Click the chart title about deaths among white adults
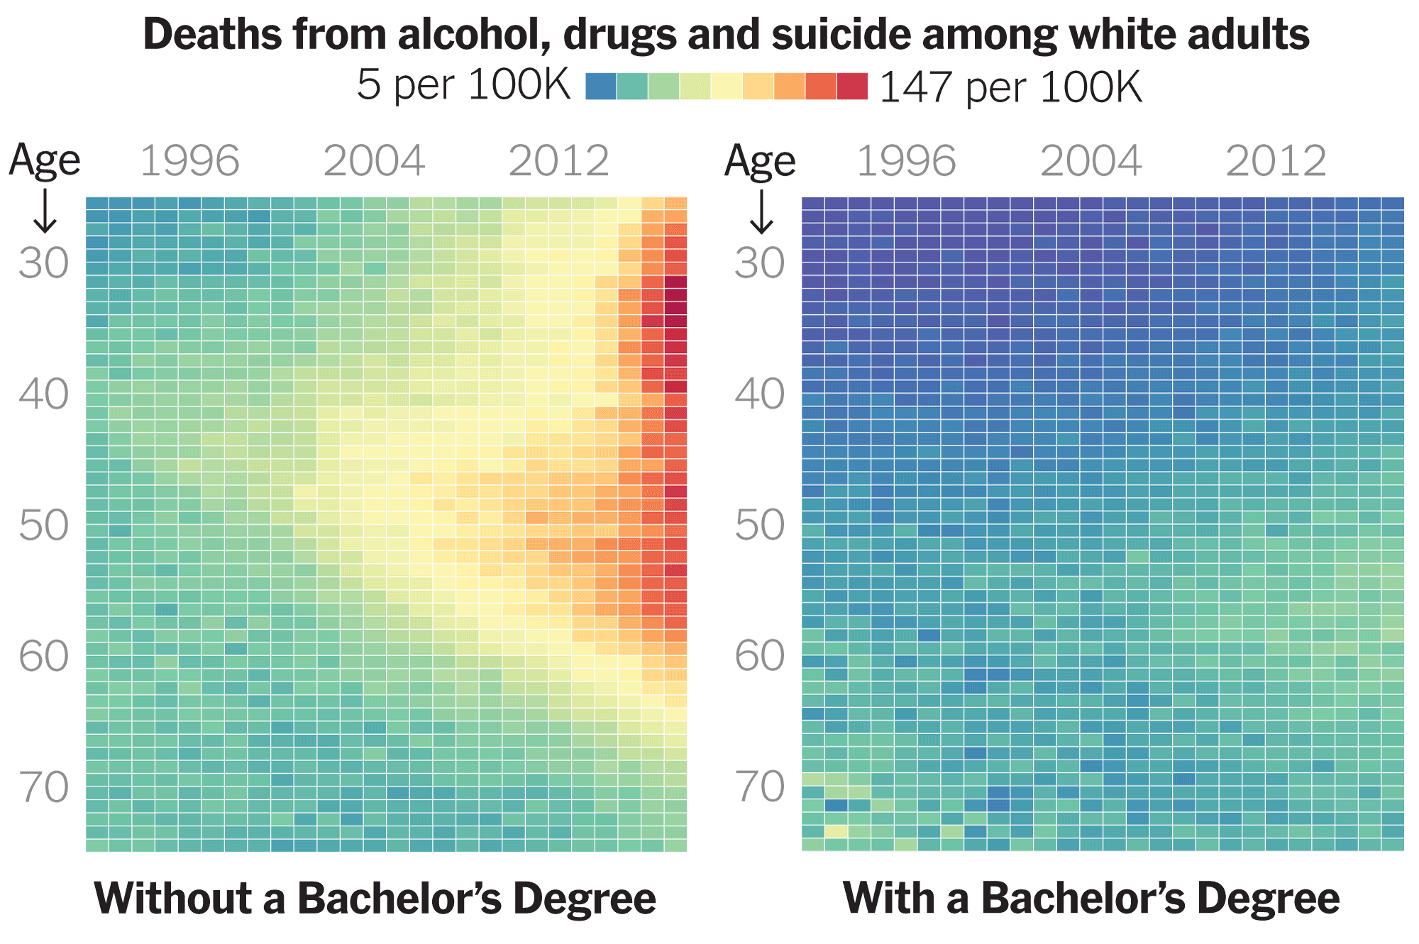726,34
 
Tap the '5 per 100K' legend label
463,85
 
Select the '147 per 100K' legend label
1010,87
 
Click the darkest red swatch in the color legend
851,86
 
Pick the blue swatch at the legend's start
601,86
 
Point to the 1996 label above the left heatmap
189,161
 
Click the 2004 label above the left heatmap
374,161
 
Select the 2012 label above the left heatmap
559,161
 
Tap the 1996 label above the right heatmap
906,161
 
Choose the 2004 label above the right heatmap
1091,161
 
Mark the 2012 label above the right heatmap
1276,161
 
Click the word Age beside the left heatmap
44,160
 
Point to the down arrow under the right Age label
761,211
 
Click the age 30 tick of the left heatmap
44,264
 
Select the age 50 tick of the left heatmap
44,526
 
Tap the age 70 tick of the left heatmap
44,787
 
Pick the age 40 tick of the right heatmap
760,394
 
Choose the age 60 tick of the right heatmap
760,656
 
